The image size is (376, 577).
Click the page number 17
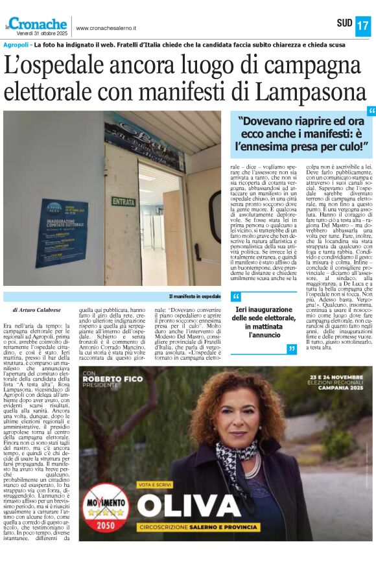click(x=362, y=26)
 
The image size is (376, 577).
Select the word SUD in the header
click(x=344, y=24)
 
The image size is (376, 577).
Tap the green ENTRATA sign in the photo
click(x=123, y=201)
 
